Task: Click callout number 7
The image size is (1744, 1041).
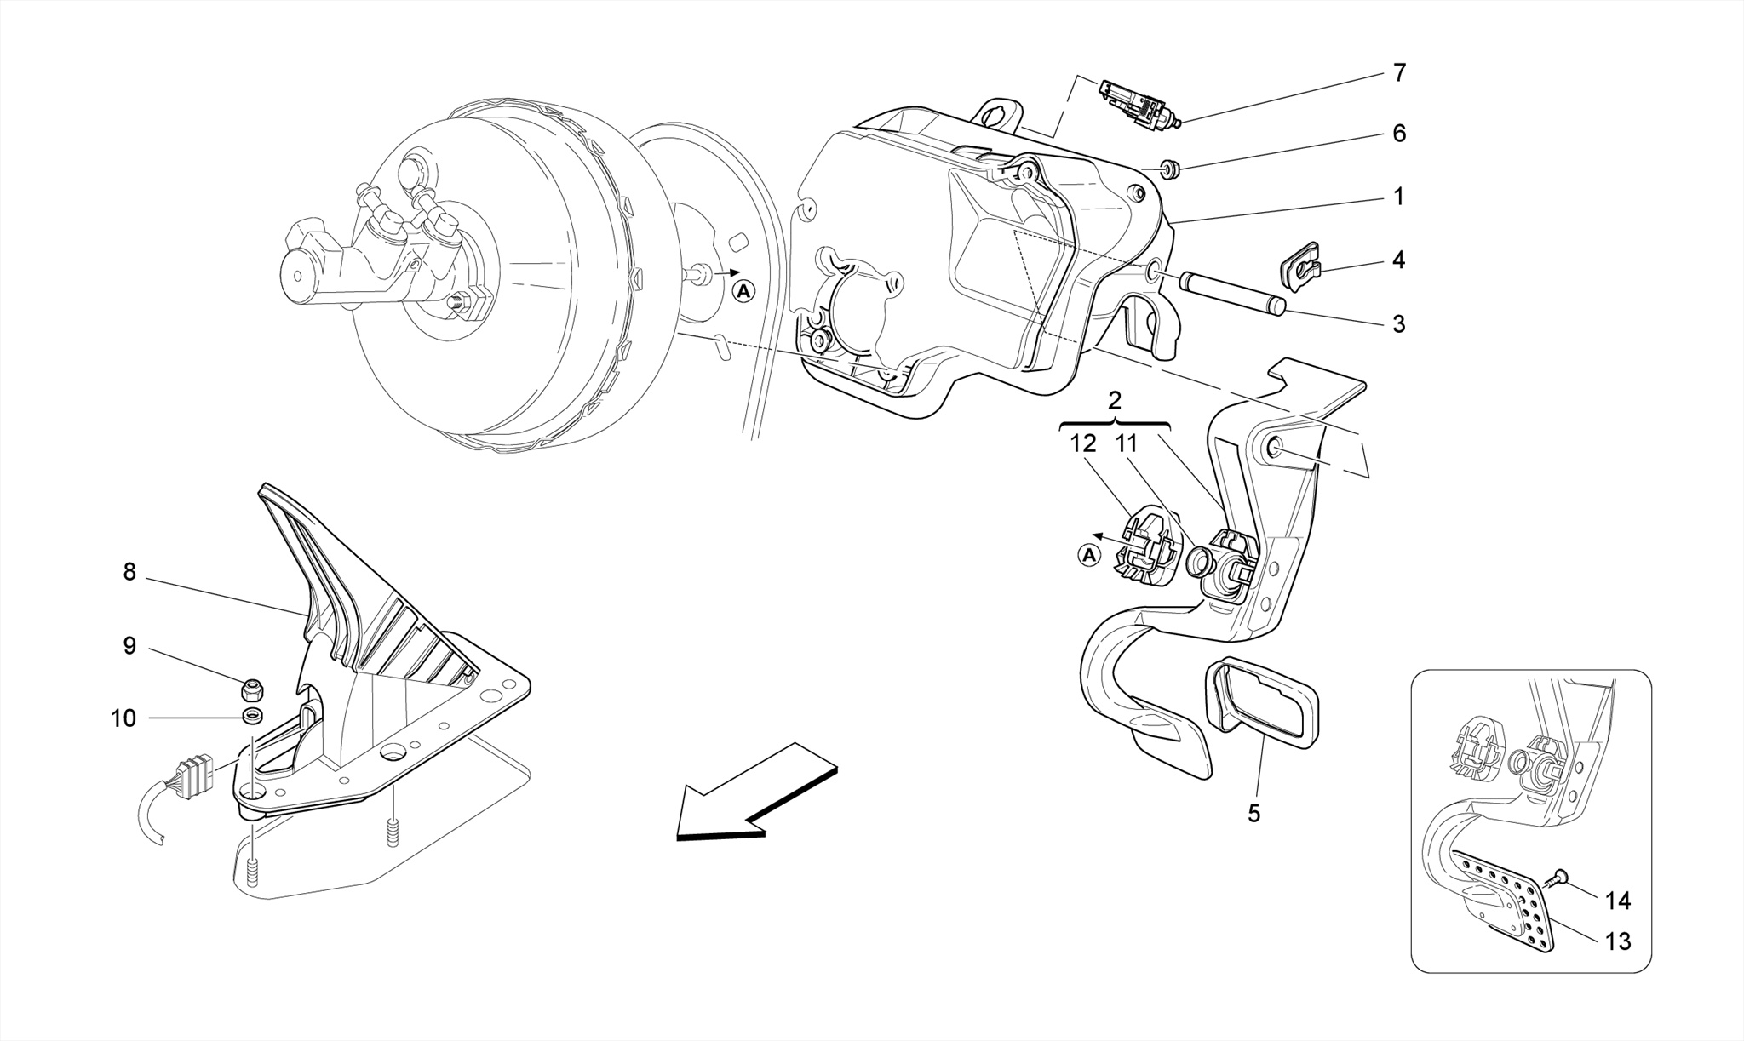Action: point(1399,73)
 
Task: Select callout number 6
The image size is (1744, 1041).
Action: point(1399,134)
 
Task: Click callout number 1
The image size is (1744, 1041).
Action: point(1398,197)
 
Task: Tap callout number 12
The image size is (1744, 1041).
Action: point(1083,444)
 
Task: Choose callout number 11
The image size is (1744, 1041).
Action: point(1126,444)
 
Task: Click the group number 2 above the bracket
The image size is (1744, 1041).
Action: point(1116,401)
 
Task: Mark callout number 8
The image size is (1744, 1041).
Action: point(129,573)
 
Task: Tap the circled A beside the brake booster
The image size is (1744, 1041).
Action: point(743,292)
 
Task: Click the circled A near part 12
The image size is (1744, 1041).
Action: point(1087,556)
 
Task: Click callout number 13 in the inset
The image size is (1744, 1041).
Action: point(1617,941)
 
